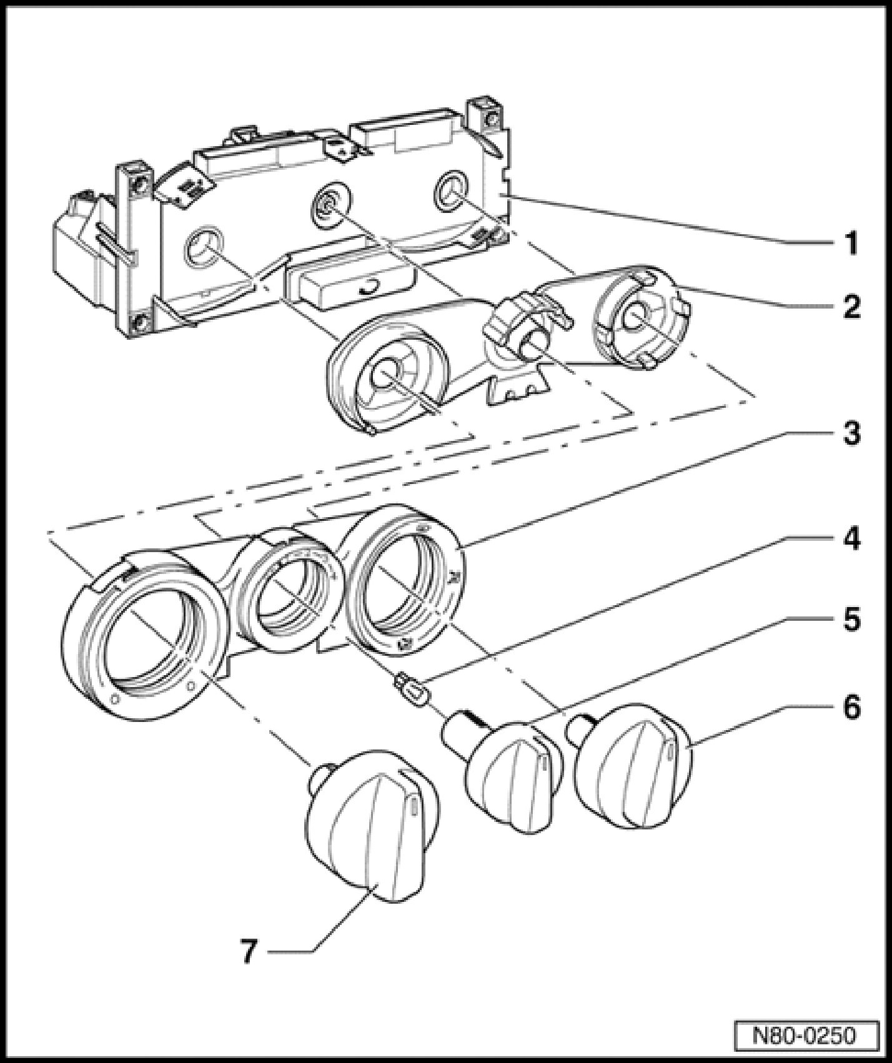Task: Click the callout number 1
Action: (851, 243)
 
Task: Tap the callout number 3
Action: (851, 433)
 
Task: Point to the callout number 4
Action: (851, 538)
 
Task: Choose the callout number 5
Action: (851, 620)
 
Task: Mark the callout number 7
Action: (249, 952)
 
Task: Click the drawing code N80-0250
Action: (803, 1035)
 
